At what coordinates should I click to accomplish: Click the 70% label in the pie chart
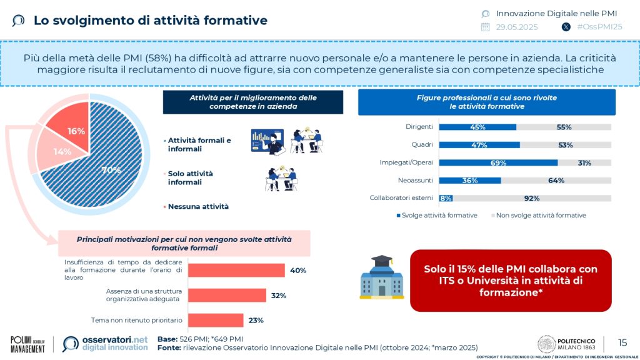111,169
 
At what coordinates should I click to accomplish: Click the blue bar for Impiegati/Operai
498,162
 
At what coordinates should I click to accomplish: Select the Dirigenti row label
419,127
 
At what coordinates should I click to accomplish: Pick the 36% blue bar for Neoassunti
470,181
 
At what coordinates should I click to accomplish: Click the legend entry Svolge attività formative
437,216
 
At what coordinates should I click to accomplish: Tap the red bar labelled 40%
236,270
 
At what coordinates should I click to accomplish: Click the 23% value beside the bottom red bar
256,320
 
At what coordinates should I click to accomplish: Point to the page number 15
622,342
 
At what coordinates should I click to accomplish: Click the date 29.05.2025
517,27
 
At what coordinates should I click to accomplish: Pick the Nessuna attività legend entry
198,206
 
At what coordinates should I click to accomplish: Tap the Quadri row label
422,145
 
